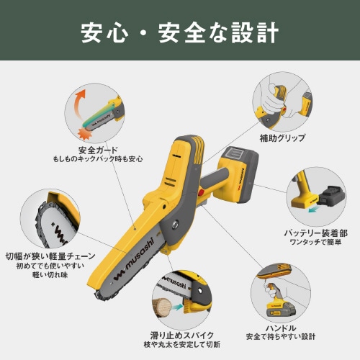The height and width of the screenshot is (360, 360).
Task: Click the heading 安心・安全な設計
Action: (x=179, y=33)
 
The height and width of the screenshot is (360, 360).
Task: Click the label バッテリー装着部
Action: (x=315, y=233)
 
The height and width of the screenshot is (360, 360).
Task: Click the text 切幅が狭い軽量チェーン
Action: (x=48, y=254)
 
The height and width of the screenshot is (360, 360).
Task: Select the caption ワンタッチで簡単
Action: (x=315, y=243)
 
